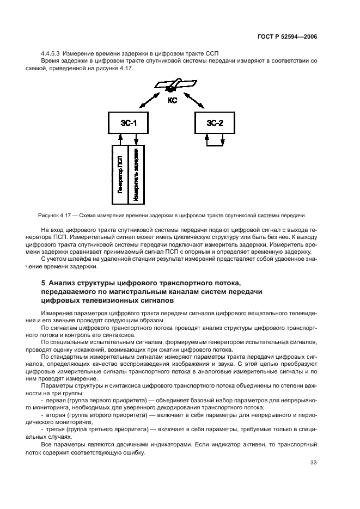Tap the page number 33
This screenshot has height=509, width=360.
pyautogui.click(x=314, y=463)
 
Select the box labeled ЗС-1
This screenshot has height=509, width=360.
pyautogui.click(x=128, y=123)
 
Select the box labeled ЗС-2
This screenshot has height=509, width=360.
pyautogui.click(x=213, y=123)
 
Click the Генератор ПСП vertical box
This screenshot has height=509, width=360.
pyautogui.click(x=120, y=175)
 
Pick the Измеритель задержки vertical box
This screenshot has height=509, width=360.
pyautogui.click(x=136, y=175)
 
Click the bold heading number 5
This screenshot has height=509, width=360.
pyautogui.click(x=44, y=283)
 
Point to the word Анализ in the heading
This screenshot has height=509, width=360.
pyautogui.click(x=63, y=283)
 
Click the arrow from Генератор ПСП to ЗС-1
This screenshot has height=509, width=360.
pyautogui.click(x=120, y=139)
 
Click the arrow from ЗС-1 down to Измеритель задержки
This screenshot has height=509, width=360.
pyautogui.click(x=136, y=139)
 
